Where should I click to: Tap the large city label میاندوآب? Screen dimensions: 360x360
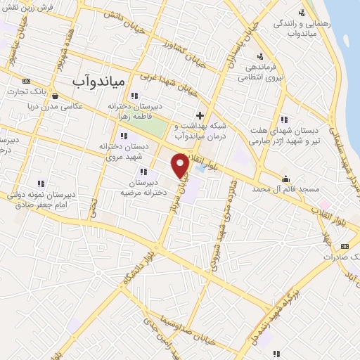tap(98, 81)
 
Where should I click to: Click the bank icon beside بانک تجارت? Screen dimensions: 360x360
tap(27, 80)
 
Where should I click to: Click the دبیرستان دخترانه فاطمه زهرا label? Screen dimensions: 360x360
tap(134, 110)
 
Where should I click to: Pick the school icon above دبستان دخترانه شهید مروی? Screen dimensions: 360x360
tap(124, 136)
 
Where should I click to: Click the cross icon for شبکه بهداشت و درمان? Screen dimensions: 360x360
tap(200, 115)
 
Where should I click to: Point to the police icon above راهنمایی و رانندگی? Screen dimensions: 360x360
tap(302, 12)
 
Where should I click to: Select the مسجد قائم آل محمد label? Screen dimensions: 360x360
tap(282, 191)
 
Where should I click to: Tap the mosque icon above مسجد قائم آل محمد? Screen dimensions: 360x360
tap(285, 178)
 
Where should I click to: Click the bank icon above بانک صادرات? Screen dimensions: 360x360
tap(344, 246)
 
